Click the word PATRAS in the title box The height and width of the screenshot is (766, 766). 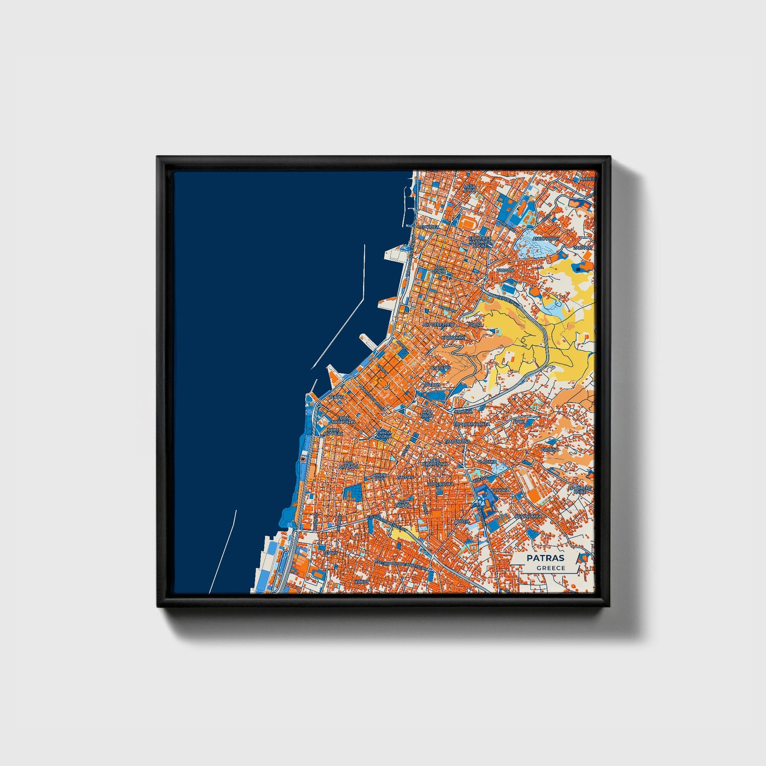(x=545, y=558)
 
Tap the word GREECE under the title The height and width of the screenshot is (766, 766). (x=551, y=568)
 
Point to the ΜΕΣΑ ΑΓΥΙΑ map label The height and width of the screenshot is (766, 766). (x=470, y=189)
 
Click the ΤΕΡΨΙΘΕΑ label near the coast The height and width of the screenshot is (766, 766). (x=428, y=227)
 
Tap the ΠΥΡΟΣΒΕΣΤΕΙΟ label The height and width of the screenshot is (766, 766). (x=438, y=323)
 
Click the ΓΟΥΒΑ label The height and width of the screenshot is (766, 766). (x=476, y=324)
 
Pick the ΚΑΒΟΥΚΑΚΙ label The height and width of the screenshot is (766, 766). (x=454, y=337)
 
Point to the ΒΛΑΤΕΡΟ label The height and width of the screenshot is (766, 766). (x=441, y=367)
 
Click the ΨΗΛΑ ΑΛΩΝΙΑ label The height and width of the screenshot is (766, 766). (x=384, y=434)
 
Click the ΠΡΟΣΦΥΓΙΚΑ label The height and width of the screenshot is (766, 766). (x=441, y=483)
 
